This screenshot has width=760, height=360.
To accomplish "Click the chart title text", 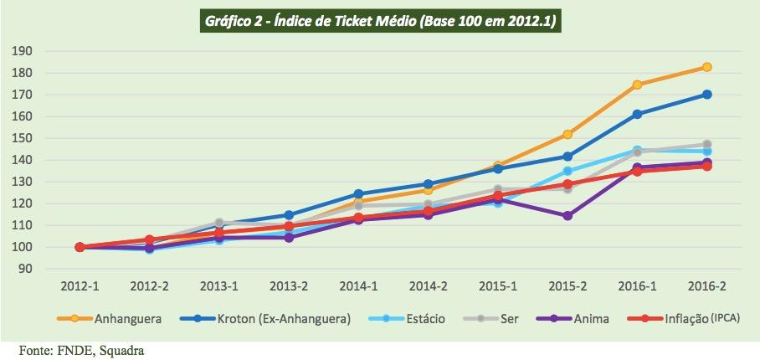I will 379,19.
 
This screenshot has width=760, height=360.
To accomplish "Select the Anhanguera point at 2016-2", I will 706,67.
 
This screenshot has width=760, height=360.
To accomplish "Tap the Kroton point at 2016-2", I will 706,95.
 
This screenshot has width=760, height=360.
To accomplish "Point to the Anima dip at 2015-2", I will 567,215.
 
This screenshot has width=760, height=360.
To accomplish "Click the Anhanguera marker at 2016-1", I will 637,85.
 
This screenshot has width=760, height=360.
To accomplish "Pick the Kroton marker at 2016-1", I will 637,114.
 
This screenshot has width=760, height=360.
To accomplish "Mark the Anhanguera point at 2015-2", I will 567,134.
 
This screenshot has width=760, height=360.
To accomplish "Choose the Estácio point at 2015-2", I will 567,171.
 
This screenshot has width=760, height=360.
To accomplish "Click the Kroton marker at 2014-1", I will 358,194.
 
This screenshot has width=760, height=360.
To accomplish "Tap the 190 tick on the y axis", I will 23,51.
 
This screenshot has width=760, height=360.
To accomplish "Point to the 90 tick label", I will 25,269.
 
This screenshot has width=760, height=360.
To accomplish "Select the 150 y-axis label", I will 23,138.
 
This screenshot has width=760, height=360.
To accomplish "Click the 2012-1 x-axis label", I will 80,286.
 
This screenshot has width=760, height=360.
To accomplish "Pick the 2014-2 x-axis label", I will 428,286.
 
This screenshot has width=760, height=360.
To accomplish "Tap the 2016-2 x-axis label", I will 706,286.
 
